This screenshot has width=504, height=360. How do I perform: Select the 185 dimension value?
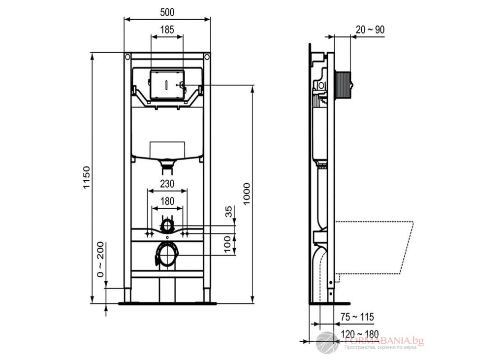[x=167, y=30]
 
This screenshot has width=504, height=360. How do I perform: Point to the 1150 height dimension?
[x=87, y=178]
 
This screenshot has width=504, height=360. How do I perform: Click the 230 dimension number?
[x=166, y=183]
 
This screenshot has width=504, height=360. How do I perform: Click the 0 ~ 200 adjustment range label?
[x=101, y=260]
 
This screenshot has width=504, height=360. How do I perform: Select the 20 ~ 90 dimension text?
[x=370, y=30]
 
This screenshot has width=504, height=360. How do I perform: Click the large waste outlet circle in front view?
[x=167, y=255]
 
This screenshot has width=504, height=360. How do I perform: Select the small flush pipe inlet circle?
[x=168, y=226]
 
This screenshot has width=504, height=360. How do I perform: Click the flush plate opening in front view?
[x=167, y=84]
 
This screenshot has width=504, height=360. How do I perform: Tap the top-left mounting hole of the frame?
[x=128, y=57]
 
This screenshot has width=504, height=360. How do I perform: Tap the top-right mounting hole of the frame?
[x=207, y=57]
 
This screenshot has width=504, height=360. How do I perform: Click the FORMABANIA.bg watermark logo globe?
[x=327, y=341]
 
